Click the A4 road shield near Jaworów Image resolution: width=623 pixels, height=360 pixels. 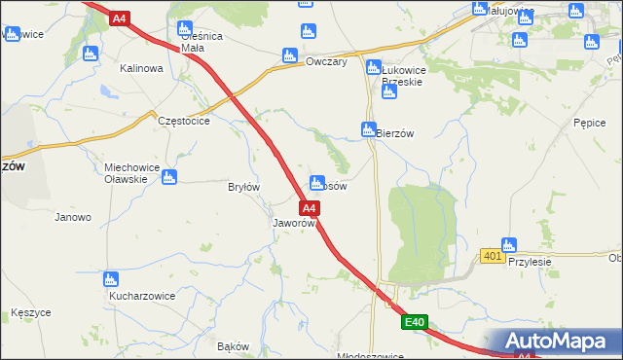[x=309, y=208]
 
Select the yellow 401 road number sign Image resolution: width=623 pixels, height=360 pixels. [x=491, y=256]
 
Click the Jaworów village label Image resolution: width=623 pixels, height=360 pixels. [x=293, y=223]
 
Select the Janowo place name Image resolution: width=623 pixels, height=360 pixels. [x=73, y=217]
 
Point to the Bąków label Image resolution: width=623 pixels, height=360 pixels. [x=234, y=346]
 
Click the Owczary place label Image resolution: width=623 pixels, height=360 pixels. [x=326, y=61]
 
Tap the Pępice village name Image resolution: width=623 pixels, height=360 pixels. [x=590, y=125]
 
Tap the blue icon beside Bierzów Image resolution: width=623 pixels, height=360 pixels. [x=369, y=128]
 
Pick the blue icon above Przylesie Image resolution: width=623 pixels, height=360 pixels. [x=508, y=245]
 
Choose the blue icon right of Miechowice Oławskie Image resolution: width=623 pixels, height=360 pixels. [x=169, y=177]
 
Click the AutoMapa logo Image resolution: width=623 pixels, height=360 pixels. [x=560, y=342]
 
